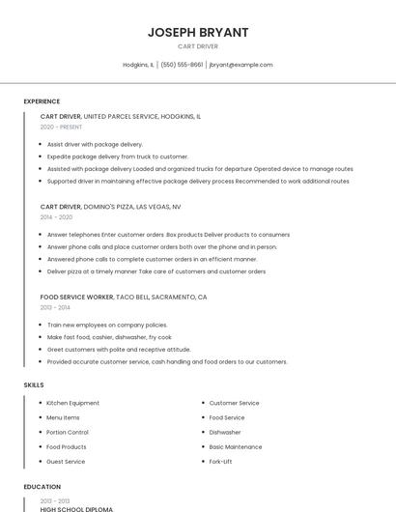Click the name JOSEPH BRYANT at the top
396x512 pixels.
pyautogui.click(x=198, y=32)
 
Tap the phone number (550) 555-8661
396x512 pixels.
pyautogui.click(x=182, y=65)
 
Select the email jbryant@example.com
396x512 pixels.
pyautogui.click(x=240, y=65)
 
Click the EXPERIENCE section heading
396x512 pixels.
pyautogui.click(x=42, y=101)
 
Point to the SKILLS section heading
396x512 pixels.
pyautogui.click(x=34, y=384)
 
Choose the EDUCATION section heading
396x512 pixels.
pyautogui.click(x=42, y=487)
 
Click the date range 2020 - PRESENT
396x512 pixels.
pyautogui.click(x=61, y=127)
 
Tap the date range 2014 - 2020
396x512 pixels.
pyautogui.click(x=56, y=217)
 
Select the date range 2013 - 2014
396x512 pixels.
pyautogui.click(x=56, y=308)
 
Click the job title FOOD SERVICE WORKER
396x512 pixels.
pyautogui.click(x=77, y=298)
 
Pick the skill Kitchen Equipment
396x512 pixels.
pyautogui.click(x=72, y=403)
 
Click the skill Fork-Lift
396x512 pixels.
pyautogui.click(x=220, y=462)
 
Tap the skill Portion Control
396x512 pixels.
pyautogui.click(x=68, y=432)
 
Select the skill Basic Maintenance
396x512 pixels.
pyautogui.click(x=236, y=447)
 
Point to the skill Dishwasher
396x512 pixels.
pyautogui.click(x=225, y=432)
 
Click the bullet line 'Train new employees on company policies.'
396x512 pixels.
pyautogui.click(x=107, y=325)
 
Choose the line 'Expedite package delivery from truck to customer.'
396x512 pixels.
pyautogui.click(x=118, y=156)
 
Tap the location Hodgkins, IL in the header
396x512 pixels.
pyautogui.click(x=138, y=65)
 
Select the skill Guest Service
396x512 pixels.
pyautogui.click(x=67, y=462)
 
